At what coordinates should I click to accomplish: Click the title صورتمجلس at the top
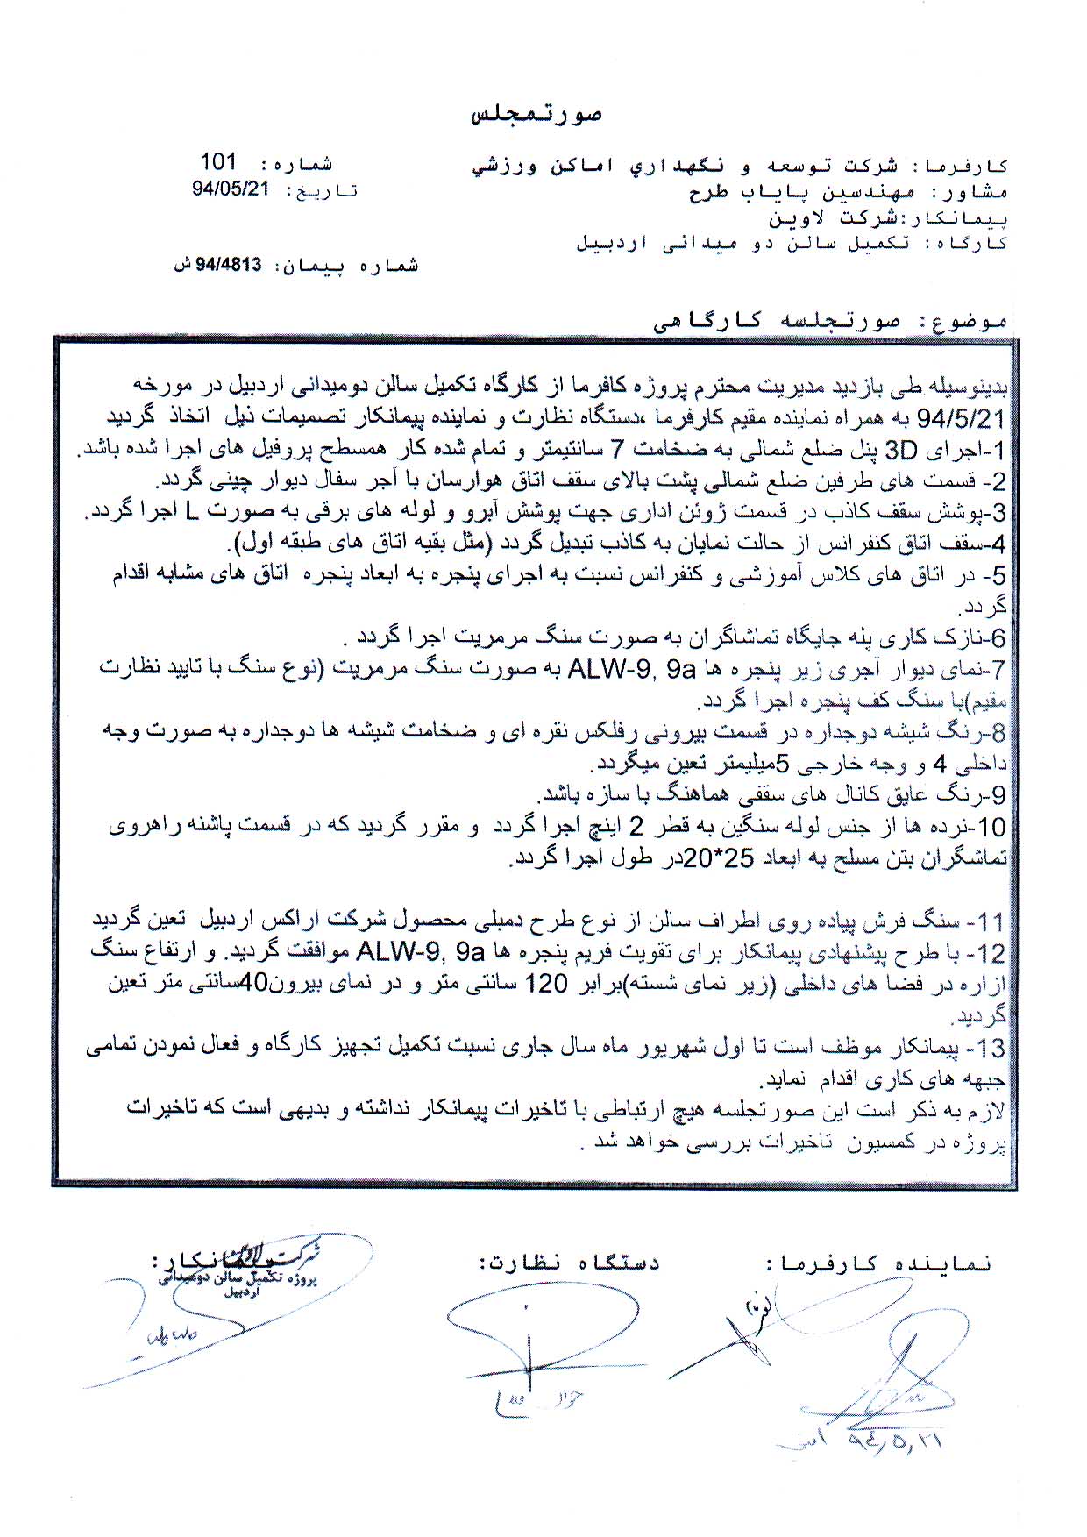[x=536, y=115]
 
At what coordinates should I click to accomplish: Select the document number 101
[x=218, y=161]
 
